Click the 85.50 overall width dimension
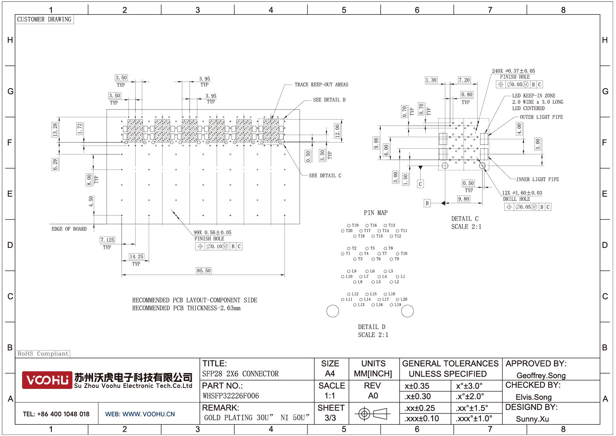[204, 270]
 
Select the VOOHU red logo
[47, 380]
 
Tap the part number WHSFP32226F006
[231, 396]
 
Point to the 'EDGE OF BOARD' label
[69, 229]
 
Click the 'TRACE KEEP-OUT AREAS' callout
[321, 85]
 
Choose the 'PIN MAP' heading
[375, 213]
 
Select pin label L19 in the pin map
[398, 305]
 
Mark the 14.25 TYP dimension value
[136, 257]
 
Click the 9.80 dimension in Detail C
[464, 199]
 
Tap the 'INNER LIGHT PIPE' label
[537, 179]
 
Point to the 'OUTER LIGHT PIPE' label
[541, 117]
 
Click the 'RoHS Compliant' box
[43, 354]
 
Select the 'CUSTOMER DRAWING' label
[44, 19]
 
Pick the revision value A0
[373, 396]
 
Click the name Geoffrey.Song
[541, 376]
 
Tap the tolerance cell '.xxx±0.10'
[421, 418]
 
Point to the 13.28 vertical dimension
[55, 130]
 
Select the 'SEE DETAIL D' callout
[329, 100]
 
